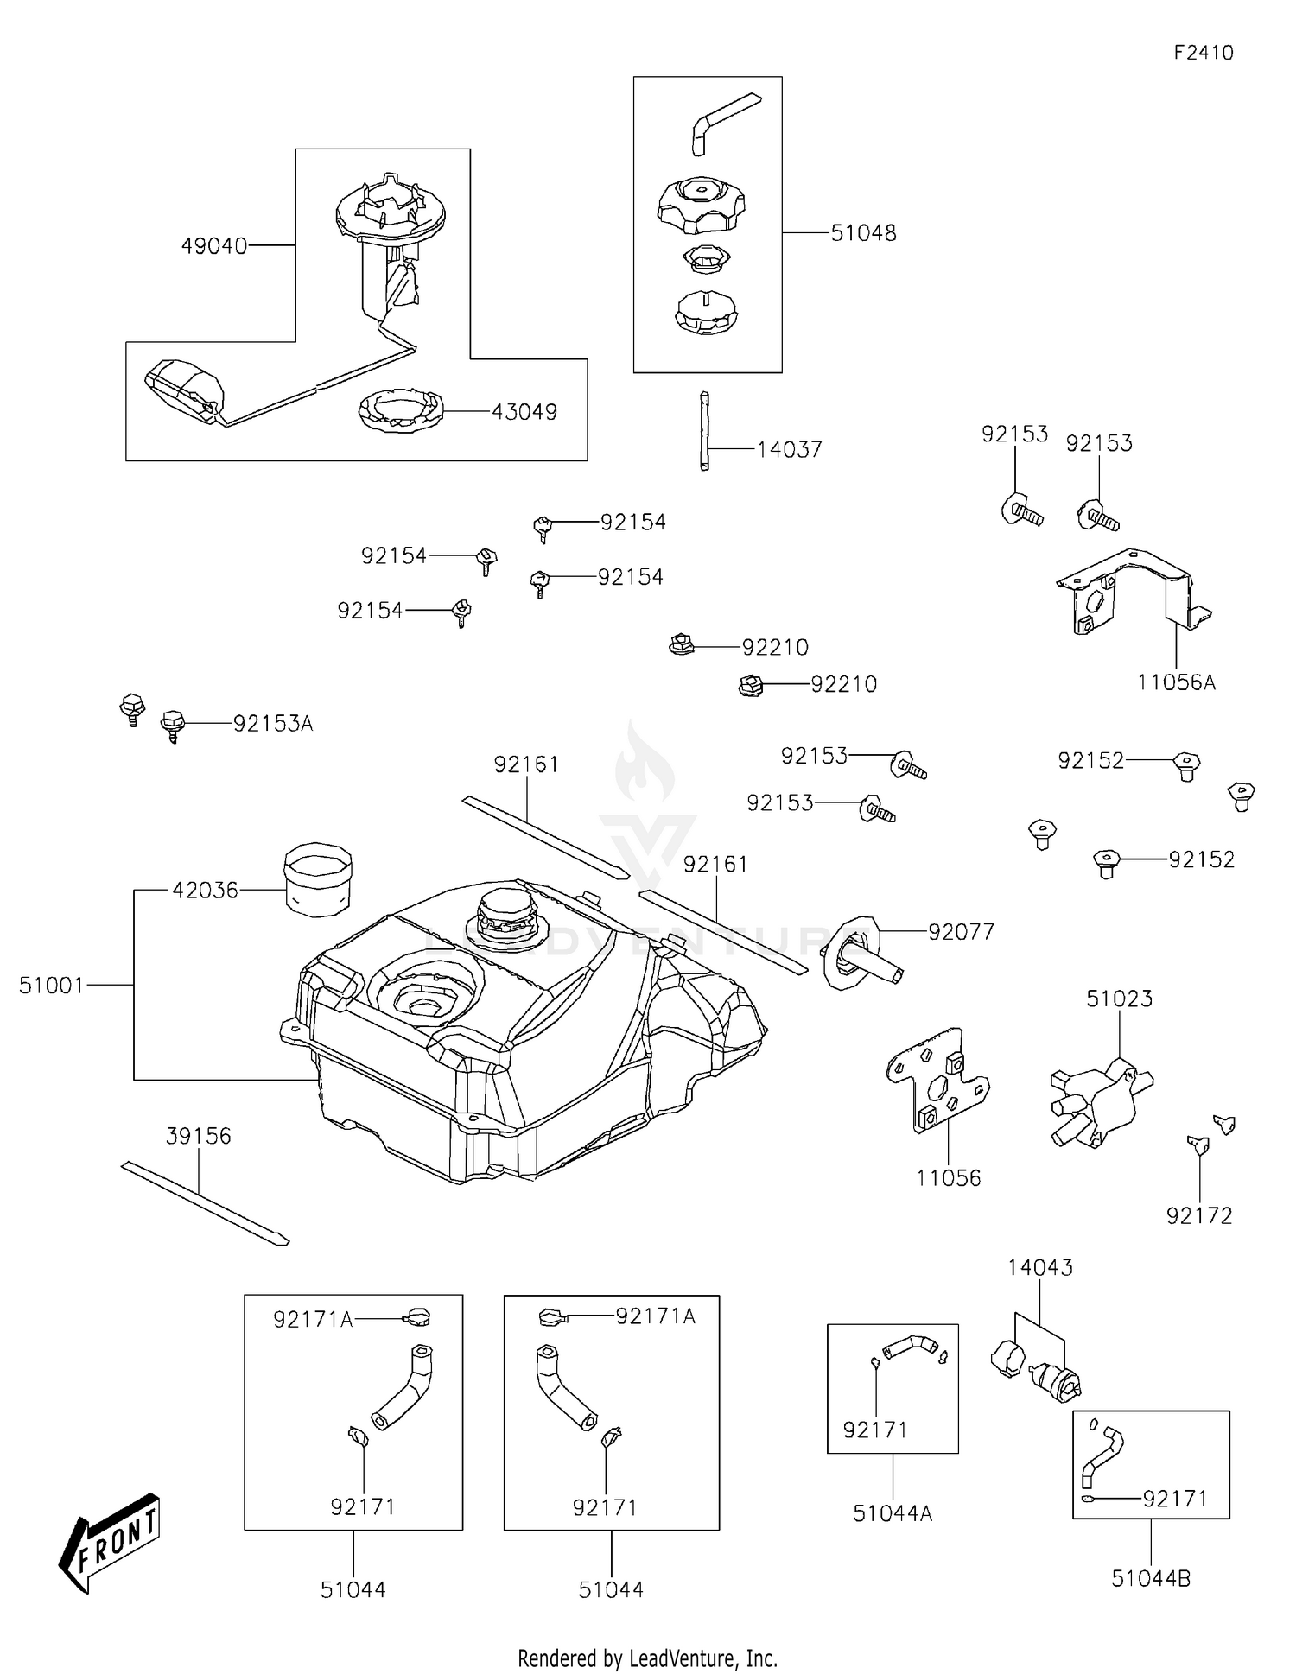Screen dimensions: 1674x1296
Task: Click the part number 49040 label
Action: coord(213,246)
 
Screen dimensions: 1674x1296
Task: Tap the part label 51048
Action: coord(863,233)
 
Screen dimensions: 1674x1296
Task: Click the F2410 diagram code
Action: coord(1203,53)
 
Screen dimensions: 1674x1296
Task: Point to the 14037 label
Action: coord(789,450)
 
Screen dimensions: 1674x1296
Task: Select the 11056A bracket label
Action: coord(1175,682)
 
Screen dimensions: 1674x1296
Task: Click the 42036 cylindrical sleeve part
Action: coord(318,879)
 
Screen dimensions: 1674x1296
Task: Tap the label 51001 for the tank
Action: coord(51,985)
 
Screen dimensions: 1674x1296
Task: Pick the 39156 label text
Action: coord(198,1136)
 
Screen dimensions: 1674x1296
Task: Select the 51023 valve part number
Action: coord(1119,999)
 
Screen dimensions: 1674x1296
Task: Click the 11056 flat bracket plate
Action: coord(937,1080)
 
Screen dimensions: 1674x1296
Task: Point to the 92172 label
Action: coord(1198,1215)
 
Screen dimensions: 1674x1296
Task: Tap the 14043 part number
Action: coord(1039,1267)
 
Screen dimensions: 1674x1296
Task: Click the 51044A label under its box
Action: coord(892,1513)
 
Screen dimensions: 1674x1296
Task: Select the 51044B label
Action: coord(1151,1578)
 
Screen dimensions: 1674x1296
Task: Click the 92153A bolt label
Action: coord(272,724)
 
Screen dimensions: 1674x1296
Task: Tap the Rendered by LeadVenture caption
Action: coord(647,1658)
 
